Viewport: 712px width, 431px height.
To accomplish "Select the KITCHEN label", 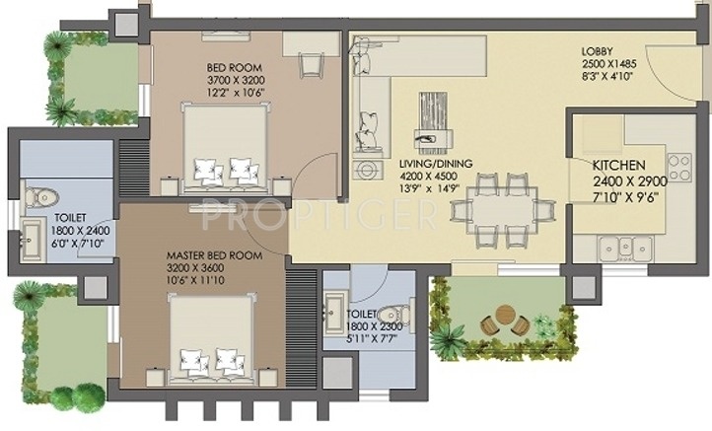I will click(x=618, y=166).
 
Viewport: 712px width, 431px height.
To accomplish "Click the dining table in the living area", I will click(x=494, y=208).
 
